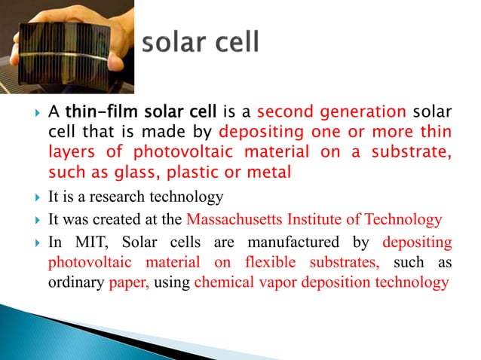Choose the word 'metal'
[265, 171]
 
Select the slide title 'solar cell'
[201, 41]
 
